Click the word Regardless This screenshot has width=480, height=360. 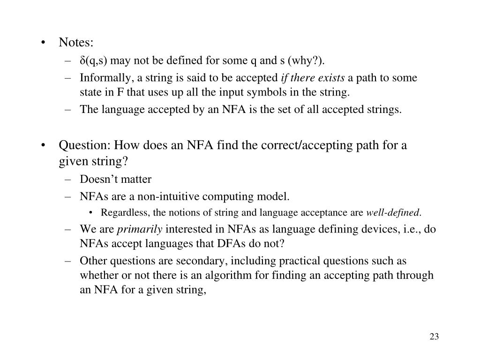125,213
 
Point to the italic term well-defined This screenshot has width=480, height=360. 393,213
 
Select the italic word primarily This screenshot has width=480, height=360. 140,230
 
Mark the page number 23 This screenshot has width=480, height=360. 434,337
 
